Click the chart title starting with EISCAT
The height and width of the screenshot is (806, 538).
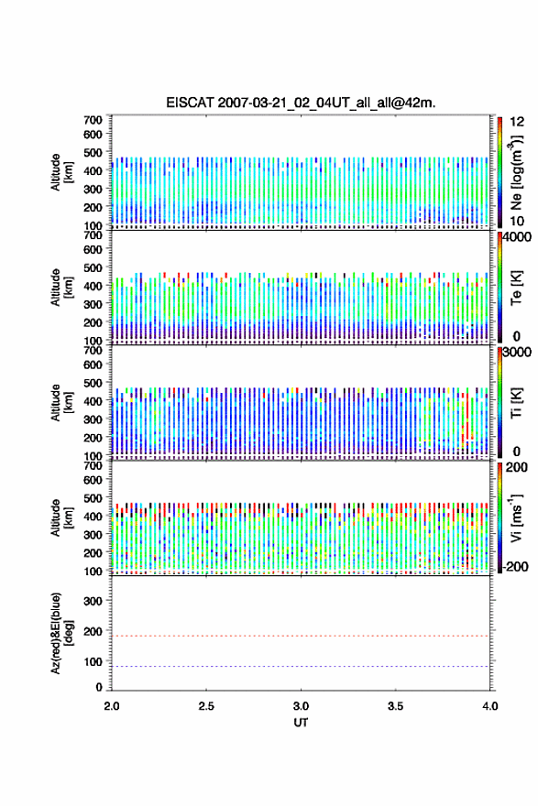301,103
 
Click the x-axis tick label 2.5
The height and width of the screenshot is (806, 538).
206,706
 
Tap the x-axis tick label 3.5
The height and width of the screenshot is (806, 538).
396,706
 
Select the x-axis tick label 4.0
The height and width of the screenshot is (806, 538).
490,706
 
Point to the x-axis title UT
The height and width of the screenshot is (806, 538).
301,723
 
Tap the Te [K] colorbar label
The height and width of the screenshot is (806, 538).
516,288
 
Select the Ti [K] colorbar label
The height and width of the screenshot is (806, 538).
516,402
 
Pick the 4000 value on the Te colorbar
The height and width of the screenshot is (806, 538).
517,237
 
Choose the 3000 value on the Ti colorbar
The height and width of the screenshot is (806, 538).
517,352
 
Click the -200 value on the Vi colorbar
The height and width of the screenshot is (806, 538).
516,566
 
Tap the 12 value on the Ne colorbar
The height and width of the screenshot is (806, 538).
517,122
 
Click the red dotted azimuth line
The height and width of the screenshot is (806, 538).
301,636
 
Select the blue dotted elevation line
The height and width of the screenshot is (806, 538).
301,666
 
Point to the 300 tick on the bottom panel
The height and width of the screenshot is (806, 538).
93,601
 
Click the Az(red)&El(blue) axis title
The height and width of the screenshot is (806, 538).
60,633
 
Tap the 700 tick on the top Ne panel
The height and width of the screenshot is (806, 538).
93,120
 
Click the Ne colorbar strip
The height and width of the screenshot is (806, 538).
500,173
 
